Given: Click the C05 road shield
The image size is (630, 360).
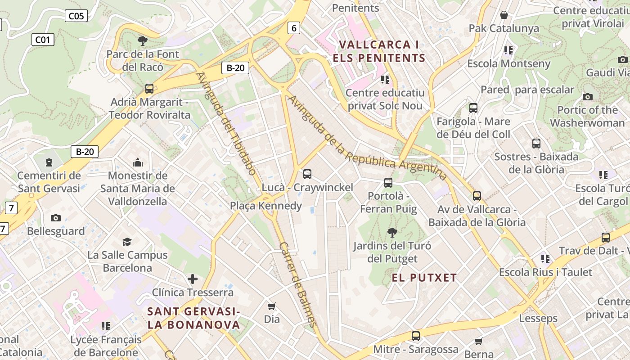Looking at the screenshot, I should tap(76, 16).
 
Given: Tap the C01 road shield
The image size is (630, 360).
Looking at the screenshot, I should tap(43, 40).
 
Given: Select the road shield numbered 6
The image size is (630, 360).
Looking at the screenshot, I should tap(294, 28).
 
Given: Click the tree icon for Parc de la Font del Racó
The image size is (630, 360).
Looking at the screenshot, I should tap(143, 41).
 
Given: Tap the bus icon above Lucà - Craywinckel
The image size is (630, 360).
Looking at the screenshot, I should tap(307, 174).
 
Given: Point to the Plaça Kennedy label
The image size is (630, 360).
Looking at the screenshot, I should tap(266, 206).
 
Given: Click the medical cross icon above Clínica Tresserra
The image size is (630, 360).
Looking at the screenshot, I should tap(193, 279).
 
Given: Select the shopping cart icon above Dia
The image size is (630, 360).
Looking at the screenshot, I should tap(272, 306).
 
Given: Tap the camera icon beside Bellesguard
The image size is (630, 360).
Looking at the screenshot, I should tap(56, 218).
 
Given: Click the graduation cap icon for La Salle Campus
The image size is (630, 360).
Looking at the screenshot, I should tap(127, 242).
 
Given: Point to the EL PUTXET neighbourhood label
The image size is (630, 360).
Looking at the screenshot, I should tap(424, 278).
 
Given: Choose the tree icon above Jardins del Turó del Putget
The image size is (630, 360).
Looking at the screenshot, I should tap(392, 233).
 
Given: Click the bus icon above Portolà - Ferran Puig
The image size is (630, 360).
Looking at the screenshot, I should tap(388, 183).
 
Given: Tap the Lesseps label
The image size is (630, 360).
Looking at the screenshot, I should tap(538, 318).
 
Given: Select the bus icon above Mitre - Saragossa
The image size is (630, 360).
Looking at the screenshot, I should tap(416, 336).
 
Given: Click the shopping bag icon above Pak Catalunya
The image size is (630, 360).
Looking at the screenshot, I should tap(504, 15).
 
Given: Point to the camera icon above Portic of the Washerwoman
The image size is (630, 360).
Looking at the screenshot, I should tap(587, 97).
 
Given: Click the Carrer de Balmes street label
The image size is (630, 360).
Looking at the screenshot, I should tap(297, 284).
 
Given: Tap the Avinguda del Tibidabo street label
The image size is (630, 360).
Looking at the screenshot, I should tap(226, 123).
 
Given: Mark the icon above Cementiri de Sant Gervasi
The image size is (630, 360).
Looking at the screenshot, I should tap(49, 162).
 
